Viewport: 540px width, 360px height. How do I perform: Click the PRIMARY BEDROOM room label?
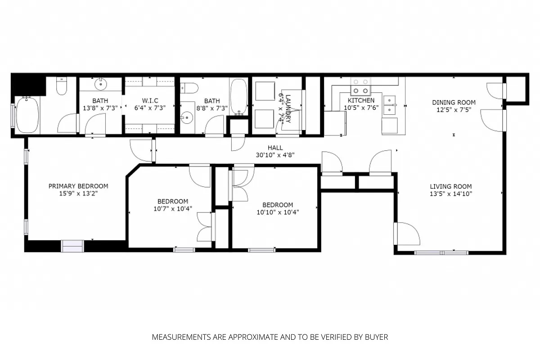click(x=78, y=186)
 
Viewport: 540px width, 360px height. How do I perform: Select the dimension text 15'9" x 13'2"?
click(x=78, y=193)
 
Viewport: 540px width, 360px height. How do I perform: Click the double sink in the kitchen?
click(x=390, y=104)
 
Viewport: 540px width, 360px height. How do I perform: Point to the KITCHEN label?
click(x=361, y=100)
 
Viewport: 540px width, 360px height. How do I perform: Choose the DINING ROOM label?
click(x=454, y=102)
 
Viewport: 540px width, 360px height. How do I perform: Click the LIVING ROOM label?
click(x=450, y=186)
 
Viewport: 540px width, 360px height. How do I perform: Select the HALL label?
click(x=275, y=148)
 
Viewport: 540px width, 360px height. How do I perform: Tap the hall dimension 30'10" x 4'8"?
click(x=275, y=155)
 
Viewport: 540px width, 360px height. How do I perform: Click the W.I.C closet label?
click(x=150, y=100)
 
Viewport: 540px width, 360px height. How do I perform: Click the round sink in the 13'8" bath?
click(x=100, y=84)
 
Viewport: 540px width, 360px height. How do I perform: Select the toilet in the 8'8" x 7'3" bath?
click(x=190, y=88)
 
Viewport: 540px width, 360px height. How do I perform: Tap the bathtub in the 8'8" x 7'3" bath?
click(x=238, y=96)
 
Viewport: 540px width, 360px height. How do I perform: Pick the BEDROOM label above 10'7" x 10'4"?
click(x=173, y=201)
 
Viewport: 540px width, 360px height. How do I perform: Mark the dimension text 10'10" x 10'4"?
click(x=278, y=212)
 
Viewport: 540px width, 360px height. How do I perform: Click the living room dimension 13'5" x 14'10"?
click(x=450, y=194)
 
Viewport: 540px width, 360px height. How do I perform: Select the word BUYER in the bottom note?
click(x=377, y=337)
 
